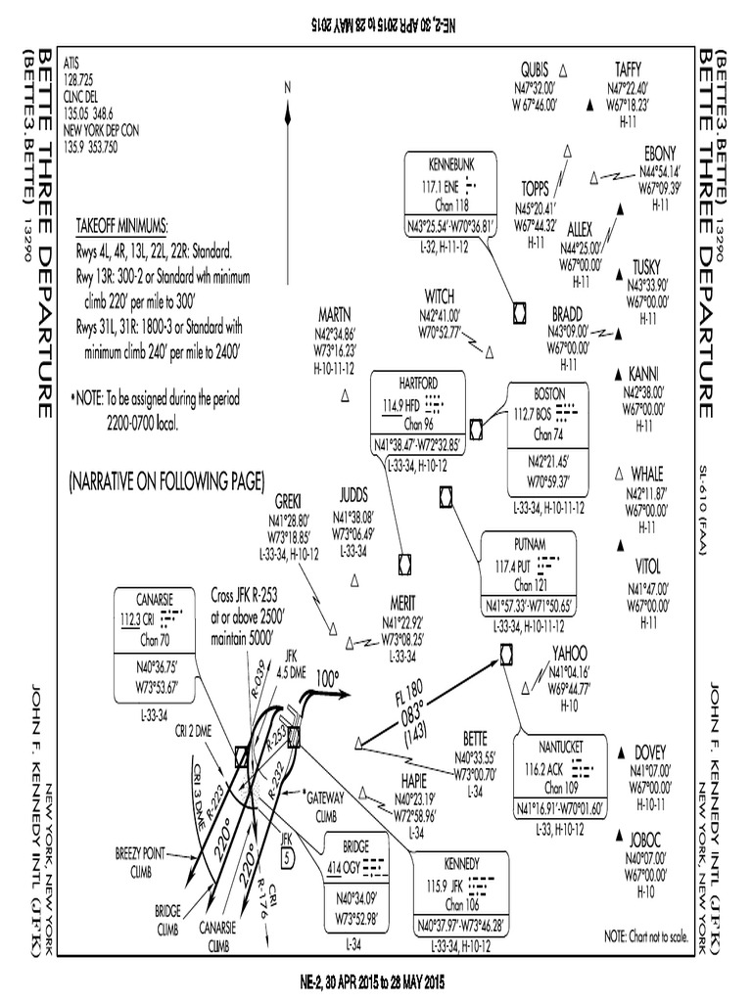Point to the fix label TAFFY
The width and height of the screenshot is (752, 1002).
(x=628, y=68)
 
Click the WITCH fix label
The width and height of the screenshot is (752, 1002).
(x=440, y=296)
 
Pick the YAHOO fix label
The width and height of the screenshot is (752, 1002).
(x=569, y=653)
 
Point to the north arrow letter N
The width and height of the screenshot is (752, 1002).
(x=288, y=87)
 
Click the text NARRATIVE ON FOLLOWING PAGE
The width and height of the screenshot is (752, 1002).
(x=166, y=481)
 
